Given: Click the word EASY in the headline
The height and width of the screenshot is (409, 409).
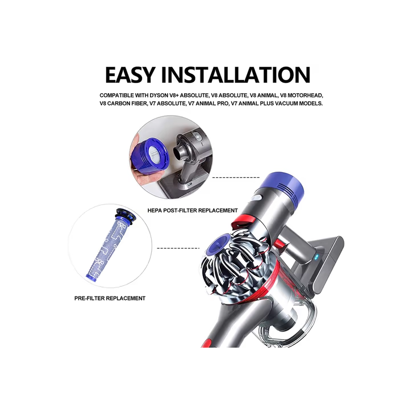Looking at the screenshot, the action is point(131,74).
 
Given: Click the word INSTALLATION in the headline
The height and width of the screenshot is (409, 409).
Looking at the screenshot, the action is point(236,74).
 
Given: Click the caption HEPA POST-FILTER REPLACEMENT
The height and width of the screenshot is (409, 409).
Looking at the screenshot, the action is point(193,210).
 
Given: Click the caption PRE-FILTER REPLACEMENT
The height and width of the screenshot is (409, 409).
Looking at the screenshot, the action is point(110,298).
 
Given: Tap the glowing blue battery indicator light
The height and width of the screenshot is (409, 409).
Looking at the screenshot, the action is point(317,258).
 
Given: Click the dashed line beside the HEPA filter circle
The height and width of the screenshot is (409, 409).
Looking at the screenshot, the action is point(236,177).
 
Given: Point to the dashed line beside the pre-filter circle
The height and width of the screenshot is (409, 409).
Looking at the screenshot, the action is point(178,248).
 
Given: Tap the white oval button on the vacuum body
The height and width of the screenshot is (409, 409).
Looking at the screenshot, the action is point(256,198).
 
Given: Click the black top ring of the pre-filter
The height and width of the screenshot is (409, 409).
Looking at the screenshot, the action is point(126,214).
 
